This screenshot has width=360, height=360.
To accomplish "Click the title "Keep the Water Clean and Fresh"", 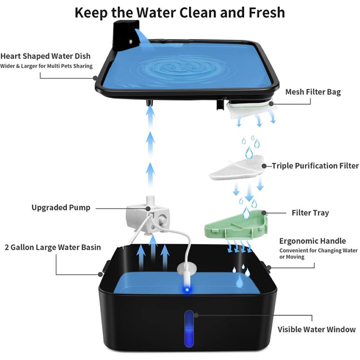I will pyautogui.click(x=180, y=13).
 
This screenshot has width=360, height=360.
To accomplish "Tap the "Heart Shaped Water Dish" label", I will pyautogui.click(x=45, y=56).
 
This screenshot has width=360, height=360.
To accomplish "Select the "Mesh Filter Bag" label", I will pyautogui.click(x=313, y=92).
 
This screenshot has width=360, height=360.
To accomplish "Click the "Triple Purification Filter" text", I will pyautogui.click(x=315, y=166).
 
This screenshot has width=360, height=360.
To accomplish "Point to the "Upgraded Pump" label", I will pyautogui.click(x=61, y=207).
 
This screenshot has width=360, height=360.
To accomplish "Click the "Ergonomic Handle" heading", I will pyautogui.click(x=312, y=241).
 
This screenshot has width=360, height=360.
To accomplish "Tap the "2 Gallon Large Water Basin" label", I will pyautogui.click(x=53, y=247).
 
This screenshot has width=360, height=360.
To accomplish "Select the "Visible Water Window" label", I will pyautogui.click(x=317, y=329).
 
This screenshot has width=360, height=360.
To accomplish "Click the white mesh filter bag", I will pyautogui.click(x=250, y=109).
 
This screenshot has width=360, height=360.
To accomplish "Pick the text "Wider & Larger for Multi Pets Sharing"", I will pyautogui.click(x=46, y=66).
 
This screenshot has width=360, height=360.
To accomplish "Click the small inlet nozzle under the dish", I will pyautogui.click(x=150, y=104).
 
